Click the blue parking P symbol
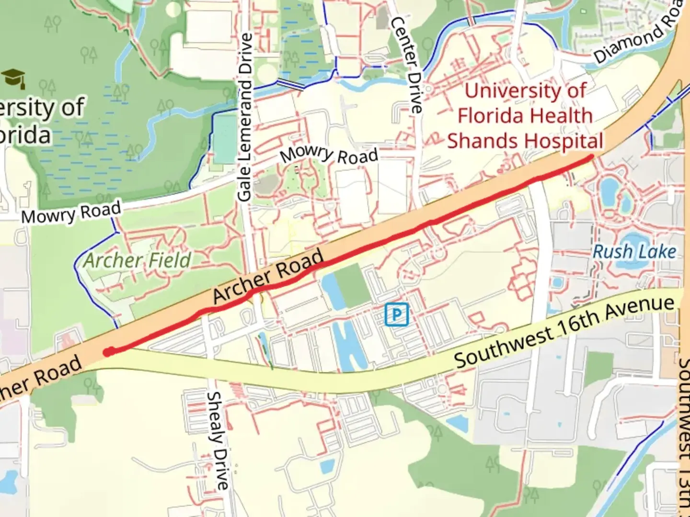point(397,315)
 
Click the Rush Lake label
point(634,252)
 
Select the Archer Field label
point(138,261)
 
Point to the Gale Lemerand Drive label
point(245,117)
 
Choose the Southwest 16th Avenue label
point(564,332)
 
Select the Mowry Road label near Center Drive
point(329,155)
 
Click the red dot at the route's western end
point(109,352)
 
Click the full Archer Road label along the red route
point(268,276)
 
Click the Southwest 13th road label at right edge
point(683,436)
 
